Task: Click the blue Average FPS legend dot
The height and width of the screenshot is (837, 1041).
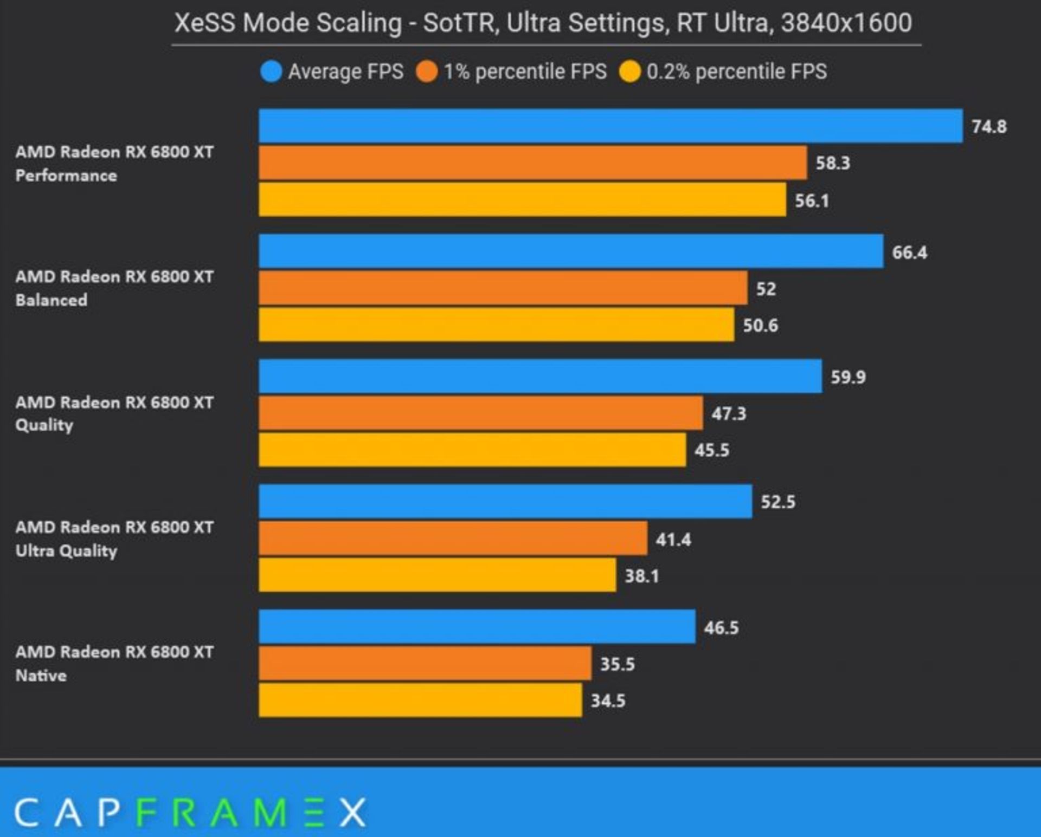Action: coord(271,72)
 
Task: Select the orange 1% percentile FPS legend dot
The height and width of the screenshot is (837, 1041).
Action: coord(427,72)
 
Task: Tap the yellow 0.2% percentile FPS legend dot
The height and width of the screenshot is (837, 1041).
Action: coord(629,72)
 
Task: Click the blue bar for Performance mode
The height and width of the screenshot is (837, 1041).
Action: coord(611,126)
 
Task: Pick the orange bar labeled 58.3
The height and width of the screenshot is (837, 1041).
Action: coord(532,163)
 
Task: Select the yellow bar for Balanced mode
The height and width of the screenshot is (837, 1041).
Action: coord(496,325)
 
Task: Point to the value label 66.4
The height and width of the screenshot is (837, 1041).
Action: coord(909,252)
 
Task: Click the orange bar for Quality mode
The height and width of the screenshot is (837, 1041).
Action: coord(480,413)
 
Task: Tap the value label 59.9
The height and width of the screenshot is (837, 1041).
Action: coord(848,377)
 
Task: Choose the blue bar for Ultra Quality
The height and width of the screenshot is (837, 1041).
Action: coord(505,502)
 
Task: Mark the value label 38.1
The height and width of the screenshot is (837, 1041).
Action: coord(642,576)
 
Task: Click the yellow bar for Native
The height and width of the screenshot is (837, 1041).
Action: coord(420,700)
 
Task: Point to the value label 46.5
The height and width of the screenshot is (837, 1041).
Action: coord(721,628)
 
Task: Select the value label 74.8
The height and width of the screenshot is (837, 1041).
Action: coord(989,127)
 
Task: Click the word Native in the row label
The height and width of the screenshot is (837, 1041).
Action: coord(41,676)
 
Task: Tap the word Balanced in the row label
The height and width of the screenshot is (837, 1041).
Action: coord(52,300)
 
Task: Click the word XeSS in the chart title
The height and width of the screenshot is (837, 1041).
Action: coord(205,23)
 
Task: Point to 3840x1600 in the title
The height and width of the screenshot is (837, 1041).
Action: coord(846,23)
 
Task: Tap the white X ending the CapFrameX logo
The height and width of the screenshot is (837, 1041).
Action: coord(353,813)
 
